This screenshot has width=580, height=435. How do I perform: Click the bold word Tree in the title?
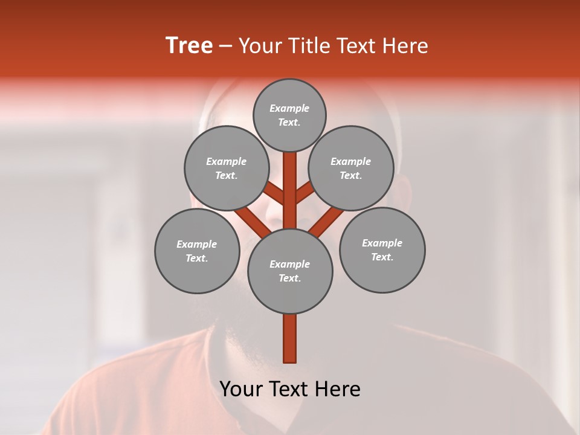pyautogui.click(x=189, y=45)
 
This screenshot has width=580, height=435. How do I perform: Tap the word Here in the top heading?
pyautogui.click(x=405, y=45)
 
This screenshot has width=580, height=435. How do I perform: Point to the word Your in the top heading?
pyautogui.click(x=260, y=45)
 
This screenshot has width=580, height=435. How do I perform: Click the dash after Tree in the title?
pyautogui.click(x=225, y=47)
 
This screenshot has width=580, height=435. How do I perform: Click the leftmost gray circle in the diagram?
pyautogui.click(x=198, y=251)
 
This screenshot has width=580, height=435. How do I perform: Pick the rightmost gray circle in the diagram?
pyautogui.click(x=382, y=250)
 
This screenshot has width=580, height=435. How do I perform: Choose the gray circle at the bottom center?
pyautogui.click(x=290, y=271)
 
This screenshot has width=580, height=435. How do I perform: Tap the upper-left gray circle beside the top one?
pyautogui.click(x=226, y=168)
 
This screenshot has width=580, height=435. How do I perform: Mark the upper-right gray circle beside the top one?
pyautogui.click(x=351, y=168)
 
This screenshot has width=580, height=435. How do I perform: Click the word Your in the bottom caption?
pyautogui.click(x=239, y=389)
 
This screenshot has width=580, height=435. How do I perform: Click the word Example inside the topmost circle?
pyautogui.click(x=289, y=108)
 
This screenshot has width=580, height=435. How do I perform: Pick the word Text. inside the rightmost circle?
pyautogui.click(x=382, y=257)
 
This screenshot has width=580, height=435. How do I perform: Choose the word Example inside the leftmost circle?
pyautogui.click(x=196, y=244)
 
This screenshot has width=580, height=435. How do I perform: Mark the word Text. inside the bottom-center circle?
pyautogui.click(x=290, y=278)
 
